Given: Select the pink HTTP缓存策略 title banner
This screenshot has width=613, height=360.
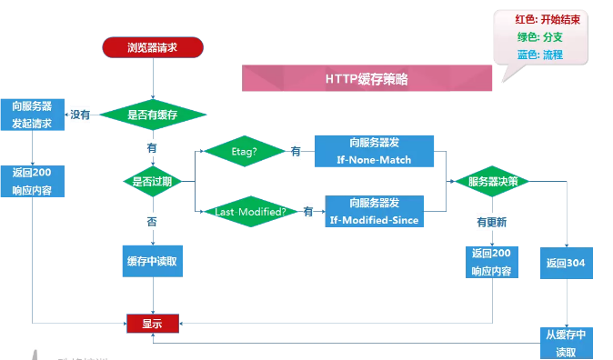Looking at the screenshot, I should pyautogui.click(x=367, y=79).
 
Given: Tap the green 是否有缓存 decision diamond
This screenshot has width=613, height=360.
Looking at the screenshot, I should pyautogui.click(x=152, y=115).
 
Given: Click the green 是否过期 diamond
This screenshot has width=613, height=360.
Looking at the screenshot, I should pyautogui.click(x=152, y=181).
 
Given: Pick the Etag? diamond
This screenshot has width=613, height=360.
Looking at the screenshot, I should pyautogui.click(x=243, y=151).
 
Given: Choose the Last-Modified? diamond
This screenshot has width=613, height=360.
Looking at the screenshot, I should pyautogui.click(x=249, y=211).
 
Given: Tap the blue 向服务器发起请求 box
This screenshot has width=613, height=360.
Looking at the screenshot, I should pyautogui.click(x=33, y=115).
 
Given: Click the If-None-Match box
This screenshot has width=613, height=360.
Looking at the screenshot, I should pyautogui.click(x=374, y=152).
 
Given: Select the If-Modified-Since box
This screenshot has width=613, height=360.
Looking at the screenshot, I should pyautogui.click(x=374, y=211).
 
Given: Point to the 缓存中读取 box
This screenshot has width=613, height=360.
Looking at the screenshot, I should pyautogui.click(x=152, y=261).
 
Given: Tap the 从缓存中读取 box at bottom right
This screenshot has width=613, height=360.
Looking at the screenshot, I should pyautogui.click(x=567, y=343).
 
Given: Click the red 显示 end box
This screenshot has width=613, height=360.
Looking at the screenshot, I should pyautogui.click(x=152, y=322).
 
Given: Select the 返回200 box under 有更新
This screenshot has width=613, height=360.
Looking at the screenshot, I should pyautogui.click(x=492, y=262).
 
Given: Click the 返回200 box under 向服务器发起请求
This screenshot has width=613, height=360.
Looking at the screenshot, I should pyautogui.click(x=33, y=181).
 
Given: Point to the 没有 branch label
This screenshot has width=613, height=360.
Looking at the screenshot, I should pyautogui.click(x=80, y=115).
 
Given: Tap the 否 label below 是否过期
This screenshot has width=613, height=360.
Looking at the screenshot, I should pyautogui.click(x=152, y=221).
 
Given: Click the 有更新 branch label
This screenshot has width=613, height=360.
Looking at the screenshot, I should pyautogui.click(x=492, y=221).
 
